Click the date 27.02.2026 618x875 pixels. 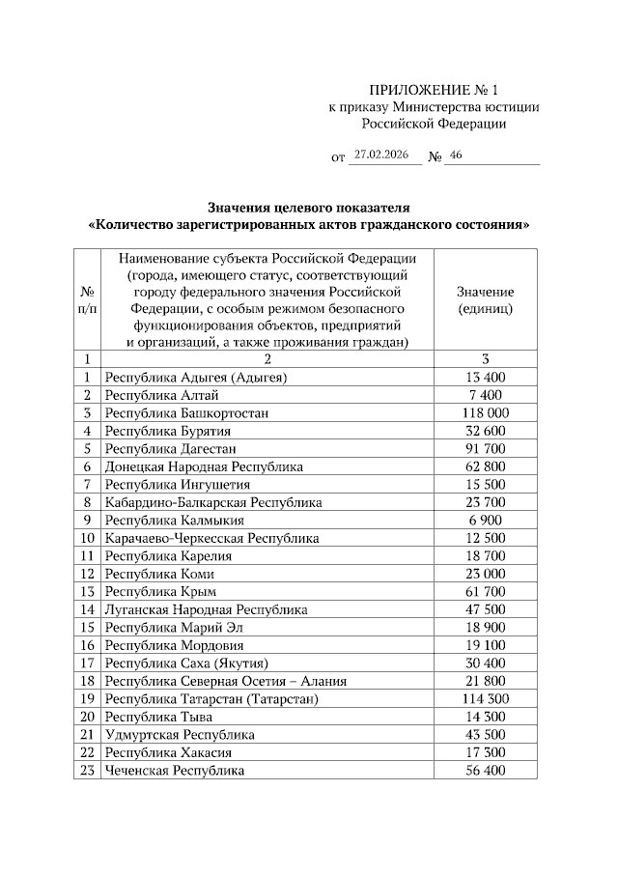[382, 155]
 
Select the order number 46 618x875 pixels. [457, 155]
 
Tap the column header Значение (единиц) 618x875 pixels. [485, 300]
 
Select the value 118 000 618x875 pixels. [485, 412]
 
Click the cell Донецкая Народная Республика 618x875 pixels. [204, 466]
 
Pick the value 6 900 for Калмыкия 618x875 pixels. [485, 520]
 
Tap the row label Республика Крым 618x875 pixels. [160, 591]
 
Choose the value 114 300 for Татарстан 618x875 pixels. [485, 698]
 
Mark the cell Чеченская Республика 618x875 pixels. [175, 771]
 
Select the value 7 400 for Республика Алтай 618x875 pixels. [485, 395]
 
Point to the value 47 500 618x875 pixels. [485, 609]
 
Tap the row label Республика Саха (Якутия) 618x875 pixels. [186, 663]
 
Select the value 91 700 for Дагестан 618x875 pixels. [485, 448]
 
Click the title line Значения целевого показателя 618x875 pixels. [309, 208]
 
